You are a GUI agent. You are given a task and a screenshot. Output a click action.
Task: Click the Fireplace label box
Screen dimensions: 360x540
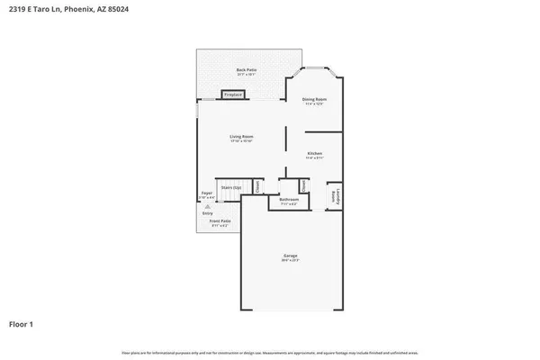pos(233,94)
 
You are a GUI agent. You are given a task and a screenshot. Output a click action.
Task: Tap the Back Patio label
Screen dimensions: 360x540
pos(246,69)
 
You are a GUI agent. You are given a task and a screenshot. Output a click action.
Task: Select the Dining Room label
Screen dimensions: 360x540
pos(314,99)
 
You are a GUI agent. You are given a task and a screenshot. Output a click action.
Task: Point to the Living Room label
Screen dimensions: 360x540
pos(241,137)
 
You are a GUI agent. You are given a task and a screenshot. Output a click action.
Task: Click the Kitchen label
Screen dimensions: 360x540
pos(315,154)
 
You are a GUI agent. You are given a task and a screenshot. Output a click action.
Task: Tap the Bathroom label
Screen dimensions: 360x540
pos(288,200)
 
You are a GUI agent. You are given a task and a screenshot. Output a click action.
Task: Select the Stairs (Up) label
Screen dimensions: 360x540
pos(231,187)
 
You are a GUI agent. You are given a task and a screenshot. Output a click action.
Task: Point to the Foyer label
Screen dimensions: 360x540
pos(207,193)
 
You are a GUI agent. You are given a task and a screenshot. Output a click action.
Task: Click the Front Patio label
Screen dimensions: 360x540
pos(220,220)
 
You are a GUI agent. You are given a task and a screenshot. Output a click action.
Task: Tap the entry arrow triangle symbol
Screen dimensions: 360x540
pos(207,206)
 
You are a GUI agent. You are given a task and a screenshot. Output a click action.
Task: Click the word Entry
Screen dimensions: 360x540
pos(207,213)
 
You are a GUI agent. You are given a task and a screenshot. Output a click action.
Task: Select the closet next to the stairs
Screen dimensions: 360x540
pos(257,186)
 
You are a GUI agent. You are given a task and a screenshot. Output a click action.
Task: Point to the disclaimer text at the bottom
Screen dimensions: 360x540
pos(269,352)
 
